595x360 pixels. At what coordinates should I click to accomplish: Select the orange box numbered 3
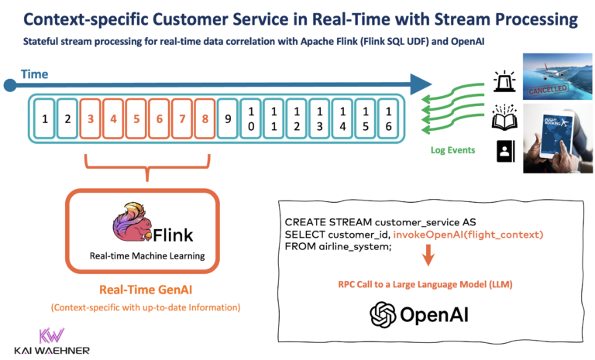coord(91,119)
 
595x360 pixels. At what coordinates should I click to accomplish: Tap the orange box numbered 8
coord(204,119)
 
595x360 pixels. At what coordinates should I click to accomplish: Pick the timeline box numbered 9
coord(227,119)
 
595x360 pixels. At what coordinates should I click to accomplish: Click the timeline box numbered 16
coord(388,119)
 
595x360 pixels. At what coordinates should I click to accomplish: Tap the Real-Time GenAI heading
coord(146,290)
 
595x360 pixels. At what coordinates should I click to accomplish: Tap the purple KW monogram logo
coord(51,335)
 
